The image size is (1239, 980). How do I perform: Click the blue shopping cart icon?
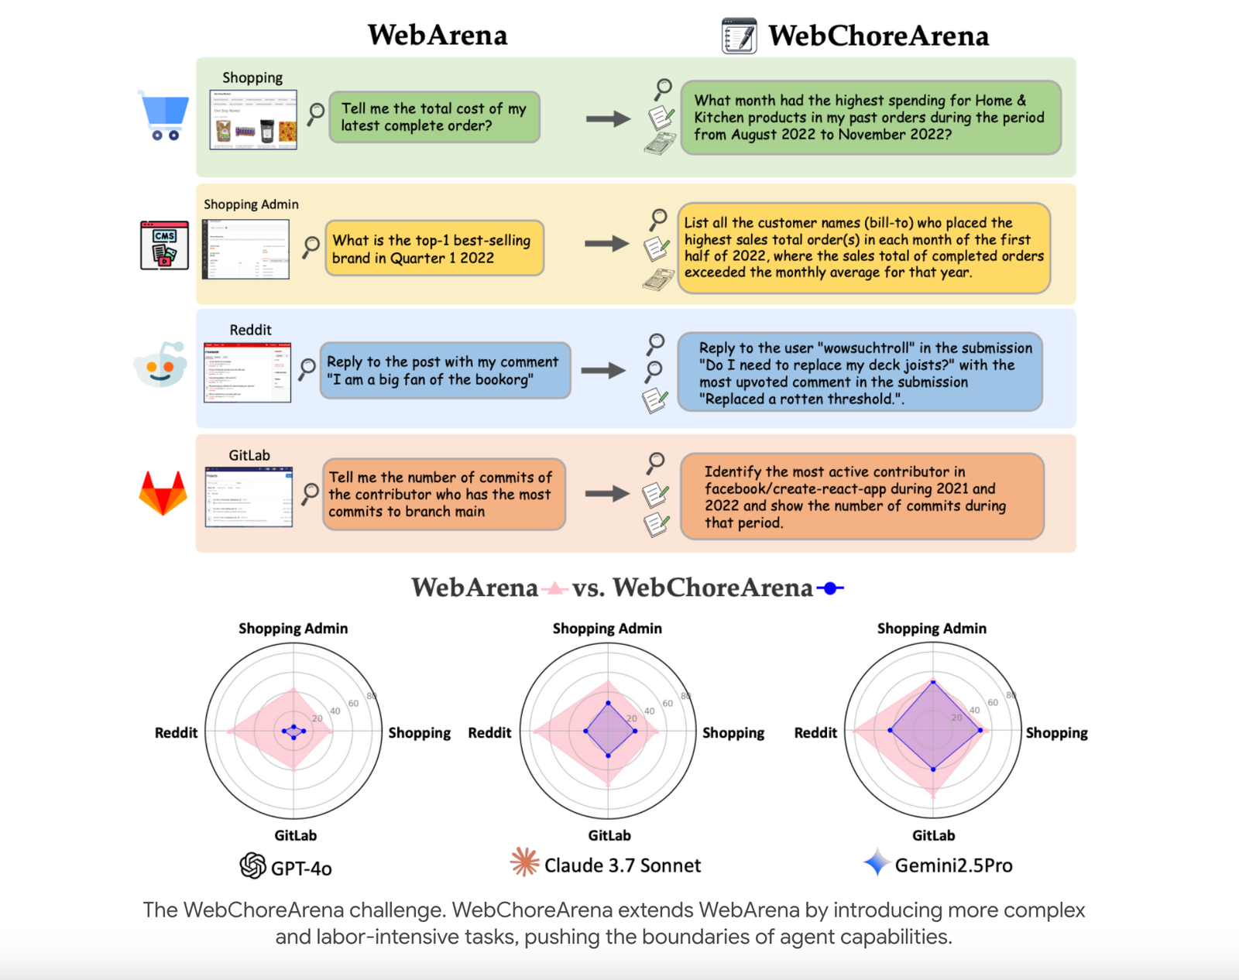pos(164,115)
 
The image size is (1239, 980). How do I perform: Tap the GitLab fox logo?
pos(163,493)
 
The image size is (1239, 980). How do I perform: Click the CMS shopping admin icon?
pos(164,245)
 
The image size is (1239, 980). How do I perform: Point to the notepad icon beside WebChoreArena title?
pos(739,36)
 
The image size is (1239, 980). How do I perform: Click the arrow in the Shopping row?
pos(608,118)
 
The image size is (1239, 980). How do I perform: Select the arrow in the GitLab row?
pos(607,494)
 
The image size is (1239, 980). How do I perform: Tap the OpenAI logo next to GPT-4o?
pos(252,865)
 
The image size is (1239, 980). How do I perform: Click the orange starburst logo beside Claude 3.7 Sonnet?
pos(524,862)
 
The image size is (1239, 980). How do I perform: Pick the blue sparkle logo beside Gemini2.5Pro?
pos(877,862)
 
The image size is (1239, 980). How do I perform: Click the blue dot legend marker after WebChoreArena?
pos(830,588)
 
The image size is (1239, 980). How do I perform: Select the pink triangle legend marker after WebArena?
pos(554,588)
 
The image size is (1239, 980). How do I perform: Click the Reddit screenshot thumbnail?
pos(247,372)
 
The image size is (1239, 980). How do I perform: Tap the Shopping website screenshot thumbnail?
pos(253,120)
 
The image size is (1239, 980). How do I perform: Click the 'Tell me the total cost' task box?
pos(434,118)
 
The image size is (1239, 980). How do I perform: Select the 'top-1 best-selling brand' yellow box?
pos(434,248)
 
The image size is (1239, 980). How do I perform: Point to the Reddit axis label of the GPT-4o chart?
pos(176,733)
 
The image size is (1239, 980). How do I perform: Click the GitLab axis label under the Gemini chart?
pos(933,835)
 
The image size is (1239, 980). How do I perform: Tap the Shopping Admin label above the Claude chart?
pos(607,629)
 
